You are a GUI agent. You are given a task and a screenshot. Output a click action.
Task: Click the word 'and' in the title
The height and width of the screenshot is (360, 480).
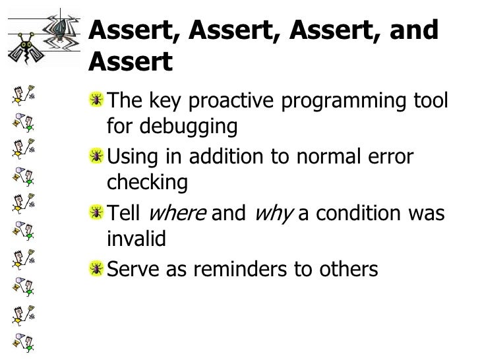[413, 30]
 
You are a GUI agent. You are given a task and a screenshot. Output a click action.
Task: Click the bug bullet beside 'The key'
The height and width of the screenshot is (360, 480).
[96, 100]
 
